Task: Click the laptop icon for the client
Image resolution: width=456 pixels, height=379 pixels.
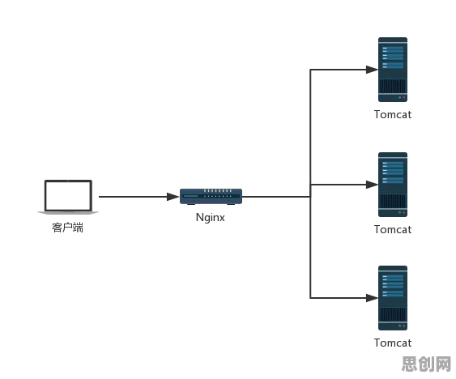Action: pos(68,197)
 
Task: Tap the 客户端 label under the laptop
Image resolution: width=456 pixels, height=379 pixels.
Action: pos(67,228)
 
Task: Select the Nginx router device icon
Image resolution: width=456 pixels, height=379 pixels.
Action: pos(211,197)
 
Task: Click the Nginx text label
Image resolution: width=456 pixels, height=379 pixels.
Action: pos(211,218)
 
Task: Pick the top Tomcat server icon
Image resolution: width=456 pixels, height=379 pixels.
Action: pos(393,70)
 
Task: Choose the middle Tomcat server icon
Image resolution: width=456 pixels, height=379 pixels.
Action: pos(393,185)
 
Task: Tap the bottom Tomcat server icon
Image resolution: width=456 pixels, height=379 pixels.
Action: pos(393,298)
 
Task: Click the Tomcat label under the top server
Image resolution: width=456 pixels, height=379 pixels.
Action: pos(393,115)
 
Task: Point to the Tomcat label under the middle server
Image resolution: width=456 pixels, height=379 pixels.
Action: pos(393,229)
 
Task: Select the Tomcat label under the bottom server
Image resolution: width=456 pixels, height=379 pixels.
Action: pos(393,343)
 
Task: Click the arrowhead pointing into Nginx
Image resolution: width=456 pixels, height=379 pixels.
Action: pos(173,197)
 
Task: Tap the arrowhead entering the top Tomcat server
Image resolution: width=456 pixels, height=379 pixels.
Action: pos(372,70)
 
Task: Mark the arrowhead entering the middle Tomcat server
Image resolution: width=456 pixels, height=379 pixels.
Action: pos(372,185)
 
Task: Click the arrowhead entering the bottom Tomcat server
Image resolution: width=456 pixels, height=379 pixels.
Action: pos(372,298)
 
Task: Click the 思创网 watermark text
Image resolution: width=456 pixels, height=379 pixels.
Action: pos(426,364)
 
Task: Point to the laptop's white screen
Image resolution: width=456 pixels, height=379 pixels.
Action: pos(68,195)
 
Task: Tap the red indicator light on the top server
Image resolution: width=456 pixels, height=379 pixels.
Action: pos(403,97)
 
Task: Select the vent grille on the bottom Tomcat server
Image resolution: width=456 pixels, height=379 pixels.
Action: pos(393,314)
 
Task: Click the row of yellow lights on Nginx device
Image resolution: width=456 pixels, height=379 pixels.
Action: pos(218,191)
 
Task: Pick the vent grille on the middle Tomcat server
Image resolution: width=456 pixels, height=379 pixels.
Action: pos(393,201)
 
